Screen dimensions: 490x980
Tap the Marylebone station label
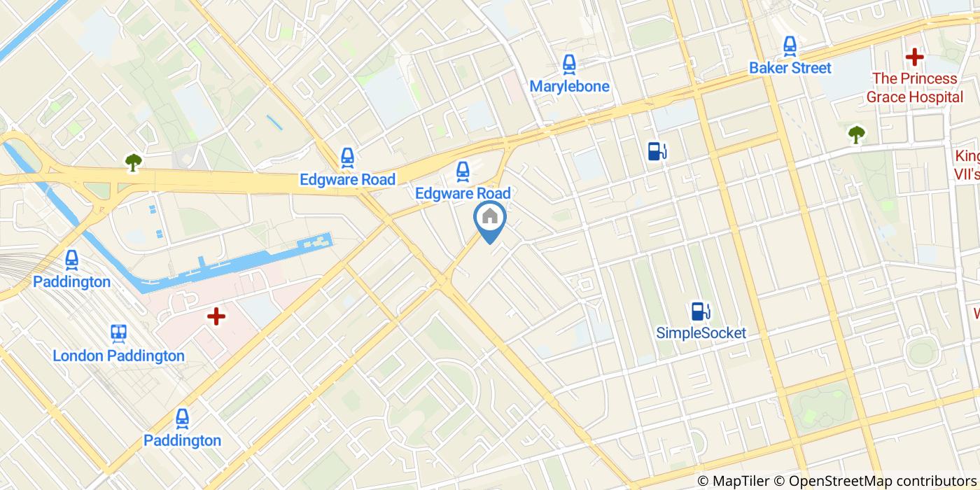pyautogui.click(x=569, y=87)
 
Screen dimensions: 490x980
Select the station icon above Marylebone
pyautogui.click(x=569, y=64)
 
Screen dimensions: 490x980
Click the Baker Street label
pyautogui.click(x=790, y=68)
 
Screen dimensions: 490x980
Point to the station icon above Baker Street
pyautogui.click(x=790, y=46)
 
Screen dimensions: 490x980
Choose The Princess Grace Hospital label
pyautogui.click(x=915, y=87)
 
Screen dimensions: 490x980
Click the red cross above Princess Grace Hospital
pyautogui.click(x=914, y=57)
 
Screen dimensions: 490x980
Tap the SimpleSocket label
pyautogui.click(x=701, y=333)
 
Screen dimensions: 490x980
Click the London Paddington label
pyautogui.click(x=118, y=356)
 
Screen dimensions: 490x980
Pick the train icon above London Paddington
pyautogui.click(x=118, y=333)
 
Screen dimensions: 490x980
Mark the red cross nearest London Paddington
pyautogui.click(x=216, y=317)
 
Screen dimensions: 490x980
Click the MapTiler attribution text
pyautogui.click(x=738, y=481)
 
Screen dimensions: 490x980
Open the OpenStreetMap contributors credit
pyautogui.click(x=882, y=481)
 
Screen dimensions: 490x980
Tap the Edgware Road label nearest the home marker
pyautogui.click(x=463, y=192)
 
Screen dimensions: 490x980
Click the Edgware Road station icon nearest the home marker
pyautogui.click(x=462, y=170)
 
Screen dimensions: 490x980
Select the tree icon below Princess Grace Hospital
pyautogui.click(x=856, y=134)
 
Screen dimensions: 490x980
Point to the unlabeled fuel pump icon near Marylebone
pyautogui.click(x=657, y=150)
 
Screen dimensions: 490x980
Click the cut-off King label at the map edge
pyautogui.click(x=967, y=164)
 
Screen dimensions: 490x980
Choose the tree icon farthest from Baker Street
pyautogui.click(x=133, y=162)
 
